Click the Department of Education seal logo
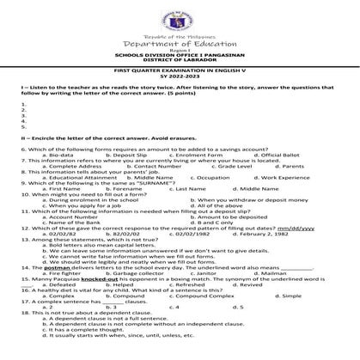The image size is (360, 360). [x=180, y=17]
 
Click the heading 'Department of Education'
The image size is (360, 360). [x=180, y=44]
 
